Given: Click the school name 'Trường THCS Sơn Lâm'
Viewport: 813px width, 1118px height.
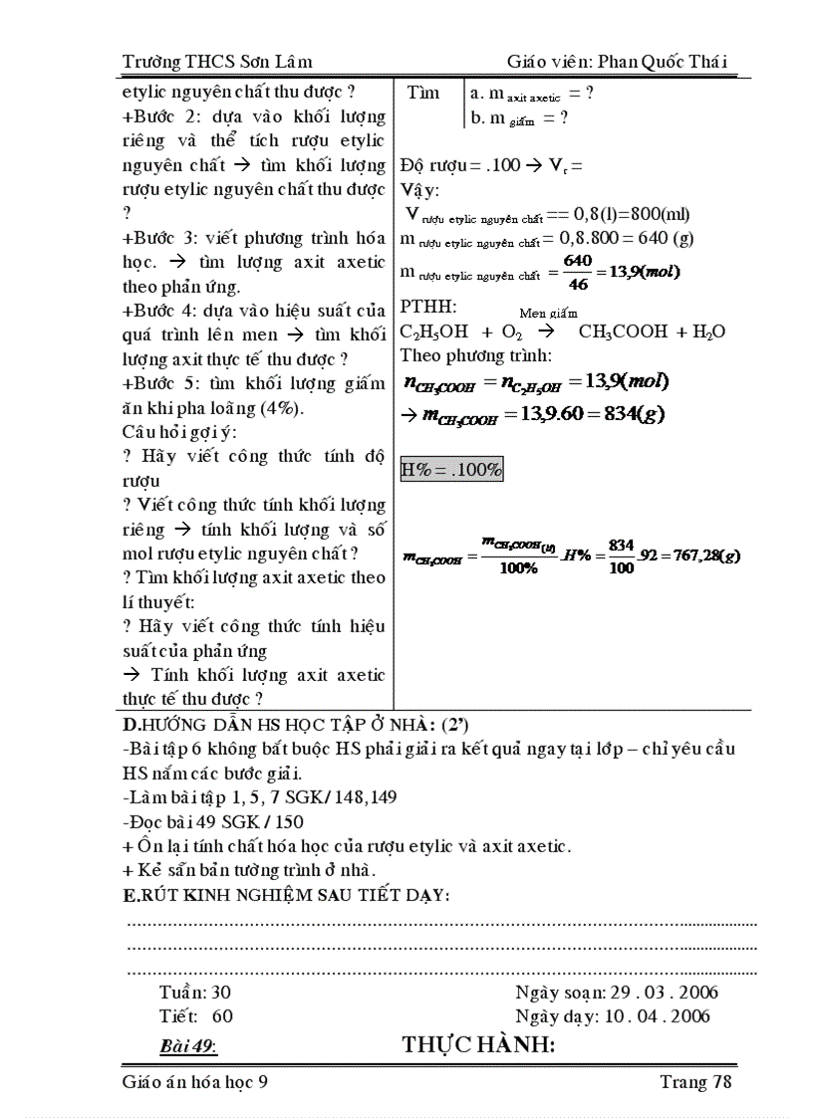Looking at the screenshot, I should [x=217, y=62].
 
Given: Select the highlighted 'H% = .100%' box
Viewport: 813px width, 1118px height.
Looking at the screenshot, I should [x=451, y=469].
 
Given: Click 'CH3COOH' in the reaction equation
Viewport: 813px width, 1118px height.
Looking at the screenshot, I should [x=622, y=333].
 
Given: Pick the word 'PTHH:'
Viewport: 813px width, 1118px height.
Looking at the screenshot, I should [x=427, y=307].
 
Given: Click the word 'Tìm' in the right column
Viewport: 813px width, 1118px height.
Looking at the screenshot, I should [x=423, y=94].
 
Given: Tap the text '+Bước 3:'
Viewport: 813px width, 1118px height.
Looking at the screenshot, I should [x=158, y=238].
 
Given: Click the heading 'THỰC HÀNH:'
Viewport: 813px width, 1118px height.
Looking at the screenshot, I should [x=477, y=1045].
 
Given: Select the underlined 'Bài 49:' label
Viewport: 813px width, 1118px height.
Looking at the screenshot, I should [x=188, y=1046].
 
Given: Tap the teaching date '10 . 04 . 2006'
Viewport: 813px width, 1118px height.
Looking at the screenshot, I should [x=655, y=1016].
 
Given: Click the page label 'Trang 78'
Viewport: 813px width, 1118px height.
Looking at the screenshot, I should [x=695, y=1082].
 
